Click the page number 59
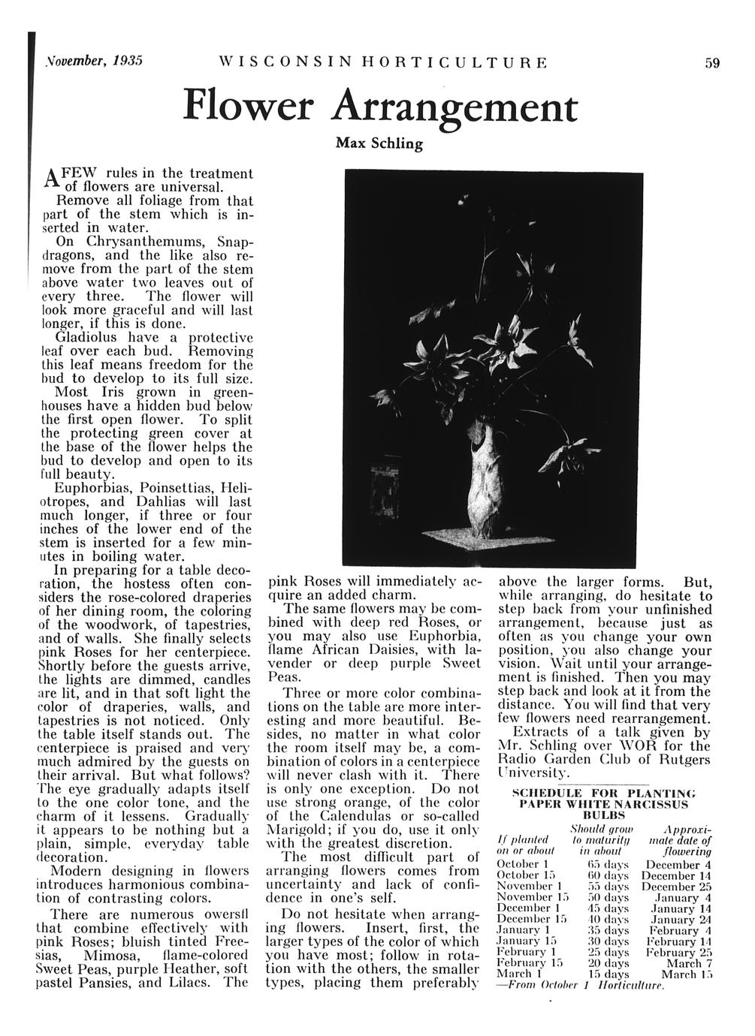[712, 63]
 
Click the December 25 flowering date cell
[677, 887]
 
